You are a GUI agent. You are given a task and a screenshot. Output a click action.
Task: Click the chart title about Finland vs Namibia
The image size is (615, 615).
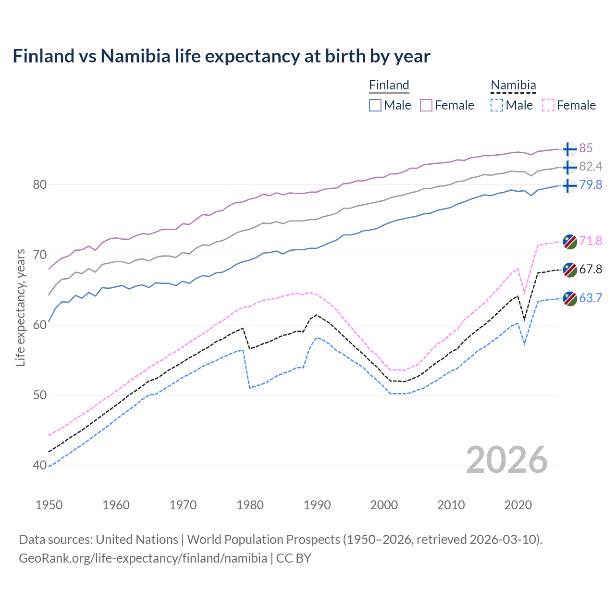point(221,56)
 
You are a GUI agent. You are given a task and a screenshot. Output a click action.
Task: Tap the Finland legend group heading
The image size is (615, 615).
point(389,85)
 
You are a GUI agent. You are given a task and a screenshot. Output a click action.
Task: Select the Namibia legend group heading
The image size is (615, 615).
point(513,85)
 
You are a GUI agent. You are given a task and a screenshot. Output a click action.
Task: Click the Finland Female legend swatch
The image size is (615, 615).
point(426,105)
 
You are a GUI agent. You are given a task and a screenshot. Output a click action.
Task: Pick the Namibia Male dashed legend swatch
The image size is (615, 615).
point(497,105)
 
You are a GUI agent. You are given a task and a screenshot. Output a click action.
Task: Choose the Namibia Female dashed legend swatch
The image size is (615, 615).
point(548,105)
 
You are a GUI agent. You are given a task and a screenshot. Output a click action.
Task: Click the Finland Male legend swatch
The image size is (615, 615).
point(375,105)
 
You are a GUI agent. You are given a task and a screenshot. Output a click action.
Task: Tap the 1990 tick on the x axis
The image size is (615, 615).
point(317,505)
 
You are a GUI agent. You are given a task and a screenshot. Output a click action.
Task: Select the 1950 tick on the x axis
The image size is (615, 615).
point(49,505)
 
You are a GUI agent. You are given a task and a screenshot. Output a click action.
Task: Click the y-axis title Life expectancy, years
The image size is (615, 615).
point(20,307)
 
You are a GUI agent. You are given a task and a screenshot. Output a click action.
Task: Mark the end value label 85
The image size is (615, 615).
point(586,148)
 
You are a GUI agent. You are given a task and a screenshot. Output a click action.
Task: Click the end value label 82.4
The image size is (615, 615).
point(590,167)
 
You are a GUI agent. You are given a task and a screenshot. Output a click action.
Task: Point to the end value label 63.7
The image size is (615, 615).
point(590,298)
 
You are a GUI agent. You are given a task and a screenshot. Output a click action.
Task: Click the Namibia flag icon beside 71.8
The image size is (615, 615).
point(569,241)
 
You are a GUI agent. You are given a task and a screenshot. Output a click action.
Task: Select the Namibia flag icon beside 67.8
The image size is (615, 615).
point(569,270)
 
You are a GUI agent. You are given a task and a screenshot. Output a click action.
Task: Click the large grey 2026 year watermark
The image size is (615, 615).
point(506,460)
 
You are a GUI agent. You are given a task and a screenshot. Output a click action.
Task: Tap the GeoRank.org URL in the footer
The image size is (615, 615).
point(143,558)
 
